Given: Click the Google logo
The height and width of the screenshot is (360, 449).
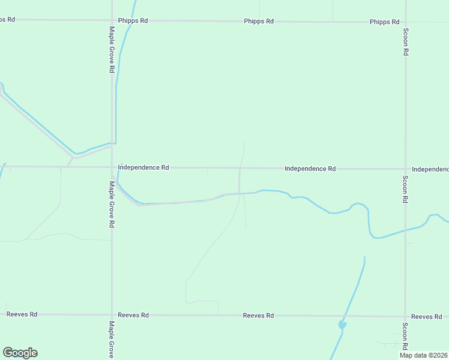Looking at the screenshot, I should pyautogui.click(x=20, y=353).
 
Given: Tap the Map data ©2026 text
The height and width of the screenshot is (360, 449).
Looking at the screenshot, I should pyautogui.click(x=423, y=355).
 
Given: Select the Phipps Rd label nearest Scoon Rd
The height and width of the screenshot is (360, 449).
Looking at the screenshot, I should pyautogui.click(x=384, y=22).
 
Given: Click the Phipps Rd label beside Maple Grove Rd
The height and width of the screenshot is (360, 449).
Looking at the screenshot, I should pyautogui.click(x=133, y=20).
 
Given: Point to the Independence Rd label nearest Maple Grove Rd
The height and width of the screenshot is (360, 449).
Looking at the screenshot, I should pyautogui.click(x=143, y=167).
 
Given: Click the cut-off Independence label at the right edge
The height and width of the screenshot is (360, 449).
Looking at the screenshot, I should pyautogui.click(x=430, y=169).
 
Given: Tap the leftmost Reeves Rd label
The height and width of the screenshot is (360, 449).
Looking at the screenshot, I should pyautogui.click(x=22, y=314).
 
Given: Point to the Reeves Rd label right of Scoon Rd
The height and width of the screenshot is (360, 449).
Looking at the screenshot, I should pyautogui.click(x=426, y=316).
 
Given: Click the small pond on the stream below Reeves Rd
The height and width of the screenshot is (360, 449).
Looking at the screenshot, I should pyautogui.click(x=342, y=325).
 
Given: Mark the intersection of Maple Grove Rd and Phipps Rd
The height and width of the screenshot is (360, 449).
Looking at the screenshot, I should pyautogui.click(x=112, y=20).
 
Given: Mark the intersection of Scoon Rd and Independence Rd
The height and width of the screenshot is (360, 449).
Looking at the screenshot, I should pyautogui.click(x=406, y=169).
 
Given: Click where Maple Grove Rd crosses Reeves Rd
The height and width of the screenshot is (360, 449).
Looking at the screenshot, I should pyautogui.click(x=112, y=314).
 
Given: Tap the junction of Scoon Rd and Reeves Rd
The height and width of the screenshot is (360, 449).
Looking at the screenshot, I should pyautogui.click(x=406, y=316).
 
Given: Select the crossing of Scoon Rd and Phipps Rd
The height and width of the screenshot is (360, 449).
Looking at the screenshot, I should pyautogui.click(x=406, y=22).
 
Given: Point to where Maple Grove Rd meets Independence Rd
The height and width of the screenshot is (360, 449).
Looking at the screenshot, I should pyautogui.click(x=112, y=167).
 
